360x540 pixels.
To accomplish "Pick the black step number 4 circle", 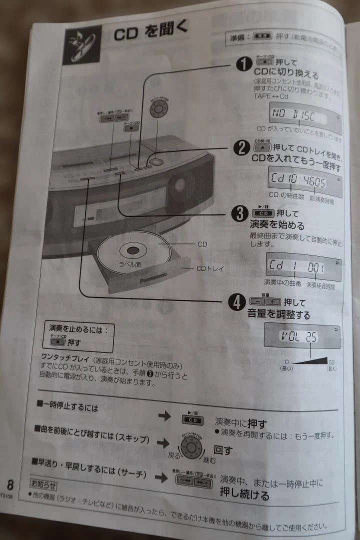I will [x=236, y=301].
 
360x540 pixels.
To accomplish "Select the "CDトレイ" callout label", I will [x=209, y=268].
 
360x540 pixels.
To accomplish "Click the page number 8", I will [x=10, y=484].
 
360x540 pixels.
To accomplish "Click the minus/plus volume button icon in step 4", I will [x=265, y=301].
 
